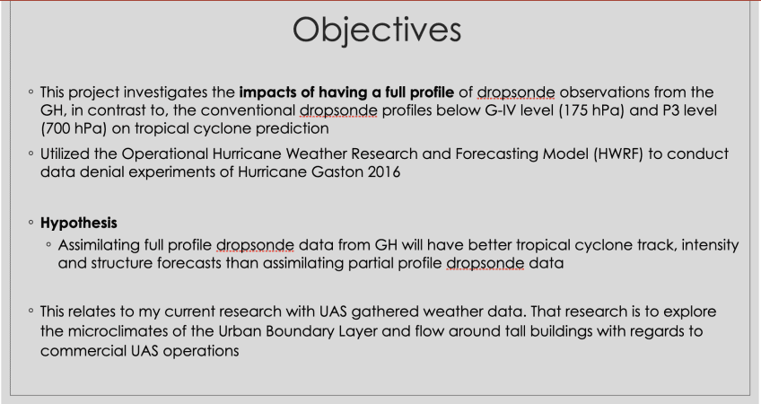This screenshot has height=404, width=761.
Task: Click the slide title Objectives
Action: click(377, 31)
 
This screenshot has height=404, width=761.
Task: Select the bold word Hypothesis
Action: click(79, 223)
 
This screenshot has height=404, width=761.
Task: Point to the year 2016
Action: click(384, 171)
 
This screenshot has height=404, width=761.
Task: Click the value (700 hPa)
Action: click(74, 128)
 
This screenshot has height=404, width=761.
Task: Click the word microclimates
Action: click(118, 331)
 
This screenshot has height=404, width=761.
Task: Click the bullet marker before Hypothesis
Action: click(31, 223)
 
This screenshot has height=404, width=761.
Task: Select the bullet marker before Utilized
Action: click(31, 154)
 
